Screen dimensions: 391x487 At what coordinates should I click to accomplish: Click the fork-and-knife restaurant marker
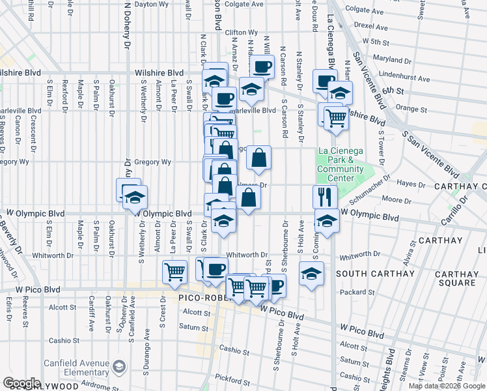(325, 196)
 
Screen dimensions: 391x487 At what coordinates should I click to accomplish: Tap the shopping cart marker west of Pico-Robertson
(174, 272)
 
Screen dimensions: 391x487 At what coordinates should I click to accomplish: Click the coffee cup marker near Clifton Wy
(262, 66)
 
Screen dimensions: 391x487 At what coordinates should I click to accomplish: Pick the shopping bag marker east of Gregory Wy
(258, 157)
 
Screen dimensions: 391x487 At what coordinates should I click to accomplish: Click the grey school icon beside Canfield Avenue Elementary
(119, 368)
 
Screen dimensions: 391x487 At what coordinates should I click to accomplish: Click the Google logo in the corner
(21, 383)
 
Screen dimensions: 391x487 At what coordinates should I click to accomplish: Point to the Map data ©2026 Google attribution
(446, 386)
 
